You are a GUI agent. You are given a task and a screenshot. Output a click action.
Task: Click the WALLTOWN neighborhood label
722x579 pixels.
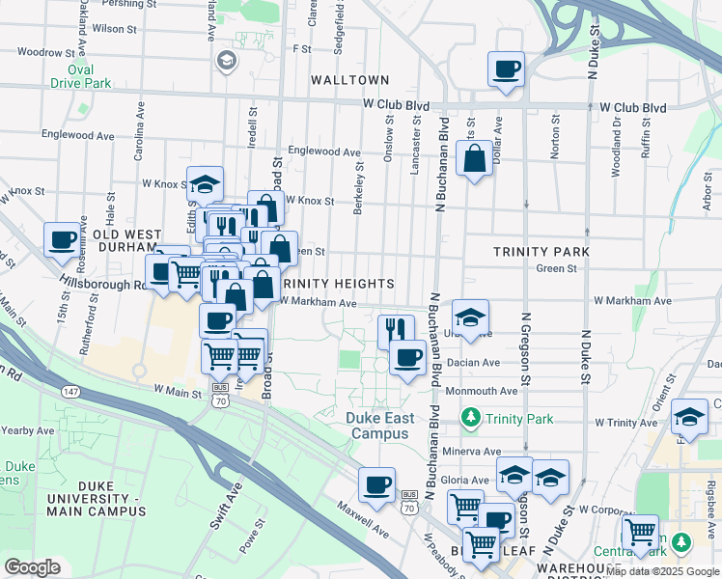(x=348, y=80)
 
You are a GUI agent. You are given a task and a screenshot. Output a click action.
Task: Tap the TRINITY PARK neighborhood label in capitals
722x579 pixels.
(x=541, y=251)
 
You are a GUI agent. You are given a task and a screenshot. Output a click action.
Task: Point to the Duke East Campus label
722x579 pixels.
(x=382, y=426)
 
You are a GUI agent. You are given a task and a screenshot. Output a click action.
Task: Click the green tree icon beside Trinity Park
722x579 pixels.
(x=470, y=418)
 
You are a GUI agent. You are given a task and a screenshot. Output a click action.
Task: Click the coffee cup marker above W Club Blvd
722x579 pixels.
(x=506, y=69)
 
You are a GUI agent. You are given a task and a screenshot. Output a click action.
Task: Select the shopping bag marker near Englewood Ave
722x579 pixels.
(x=475, y=158)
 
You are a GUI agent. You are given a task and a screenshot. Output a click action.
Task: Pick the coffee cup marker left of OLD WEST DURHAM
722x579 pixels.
(x=63, y=239)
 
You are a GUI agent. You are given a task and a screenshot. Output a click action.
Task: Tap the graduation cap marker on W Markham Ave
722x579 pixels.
(x=470, y=317)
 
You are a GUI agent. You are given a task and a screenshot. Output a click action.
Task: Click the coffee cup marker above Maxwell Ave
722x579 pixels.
(x=376, y=483)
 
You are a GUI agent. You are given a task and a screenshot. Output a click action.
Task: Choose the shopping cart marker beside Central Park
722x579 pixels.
(x=639, y=531)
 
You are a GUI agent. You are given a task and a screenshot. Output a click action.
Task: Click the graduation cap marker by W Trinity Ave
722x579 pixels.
(x=689, y=416)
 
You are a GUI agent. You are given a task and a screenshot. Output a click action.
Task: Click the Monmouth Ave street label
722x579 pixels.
(x=481, y=391)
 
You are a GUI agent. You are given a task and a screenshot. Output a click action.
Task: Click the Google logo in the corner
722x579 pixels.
(x=32, y=567)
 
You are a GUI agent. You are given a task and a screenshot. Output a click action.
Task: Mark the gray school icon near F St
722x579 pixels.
(x=226, y=62)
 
